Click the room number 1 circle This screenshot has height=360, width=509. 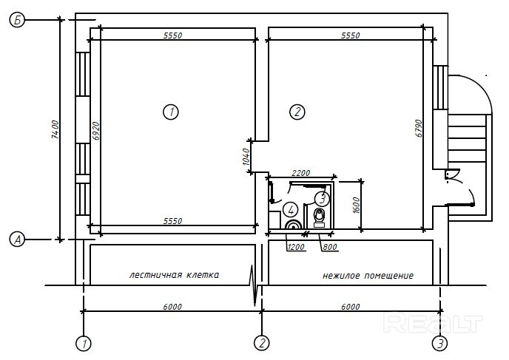pyautogui.click(x=171, y=112)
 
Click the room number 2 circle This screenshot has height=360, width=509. pyautogui.click(x=297, y=112)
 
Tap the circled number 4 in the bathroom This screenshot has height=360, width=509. pyautogui.click(x=291, y=210)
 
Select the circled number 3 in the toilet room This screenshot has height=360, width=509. pyautogui.click(x=322, y=198)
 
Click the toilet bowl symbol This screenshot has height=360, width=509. pyautogui.click(x=319, y=217)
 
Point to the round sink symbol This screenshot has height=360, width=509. pyautogui.click(x=294, y=225)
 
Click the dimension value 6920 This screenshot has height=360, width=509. pyautogui.click(x=95, y=131)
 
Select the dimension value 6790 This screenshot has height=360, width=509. pyautogui.click(x=419, y=129)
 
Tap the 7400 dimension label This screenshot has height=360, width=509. pyautogui.click(x=55, y=129)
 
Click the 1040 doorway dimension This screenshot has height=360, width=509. pyautogui.click(x=246, y=157)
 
